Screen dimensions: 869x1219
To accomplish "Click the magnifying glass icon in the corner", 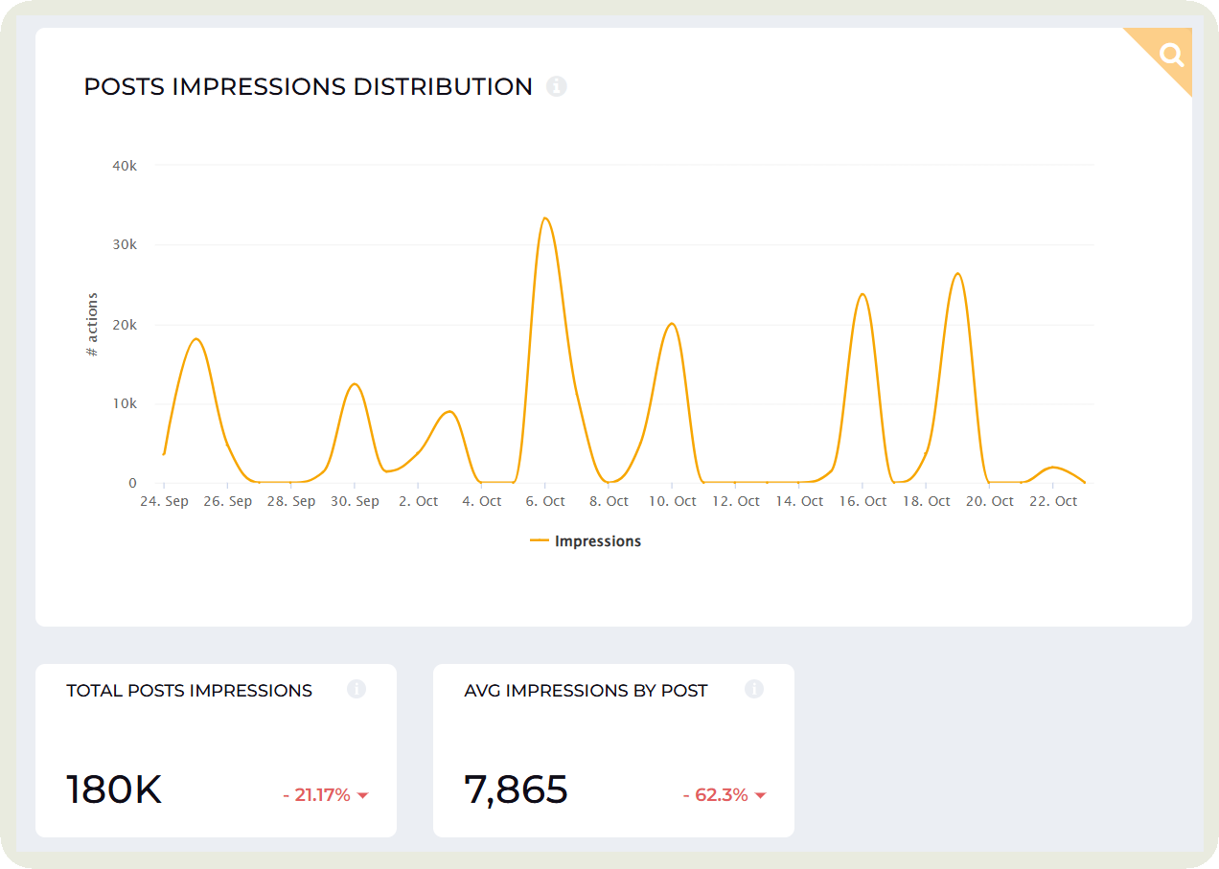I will [1171, 54].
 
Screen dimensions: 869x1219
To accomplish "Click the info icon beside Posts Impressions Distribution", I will [557, 86].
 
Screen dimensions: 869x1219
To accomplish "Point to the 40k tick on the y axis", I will [125, 165].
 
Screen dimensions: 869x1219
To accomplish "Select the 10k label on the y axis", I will [125, 403].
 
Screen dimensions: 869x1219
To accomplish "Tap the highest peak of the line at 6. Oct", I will [544, 218].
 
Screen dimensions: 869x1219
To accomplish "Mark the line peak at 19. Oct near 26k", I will [957, 274].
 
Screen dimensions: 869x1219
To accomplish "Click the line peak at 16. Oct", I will [862, 294].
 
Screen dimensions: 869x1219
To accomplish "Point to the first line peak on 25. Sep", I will [195, 339].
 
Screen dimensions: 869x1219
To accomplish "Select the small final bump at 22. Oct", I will [1053, 468].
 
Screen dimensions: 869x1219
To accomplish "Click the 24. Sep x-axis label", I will [164, 501].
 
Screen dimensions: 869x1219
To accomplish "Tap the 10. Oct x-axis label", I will [672, 501].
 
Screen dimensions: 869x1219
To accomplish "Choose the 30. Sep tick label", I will [355, 501].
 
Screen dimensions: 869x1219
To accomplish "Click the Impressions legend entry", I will [586, 541].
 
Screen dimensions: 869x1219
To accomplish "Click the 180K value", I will [114, 790].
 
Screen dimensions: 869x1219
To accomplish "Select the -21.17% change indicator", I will [325, 794].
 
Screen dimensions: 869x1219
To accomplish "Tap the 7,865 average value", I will [516, 790].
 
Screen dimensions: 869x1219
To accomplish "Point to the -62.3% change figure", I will [724, 794].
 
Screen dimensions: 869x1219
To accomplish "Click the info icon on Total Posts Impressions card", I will [356, 689].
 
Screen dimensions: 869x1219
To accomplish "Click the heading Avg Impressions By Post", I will [586, 690].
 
